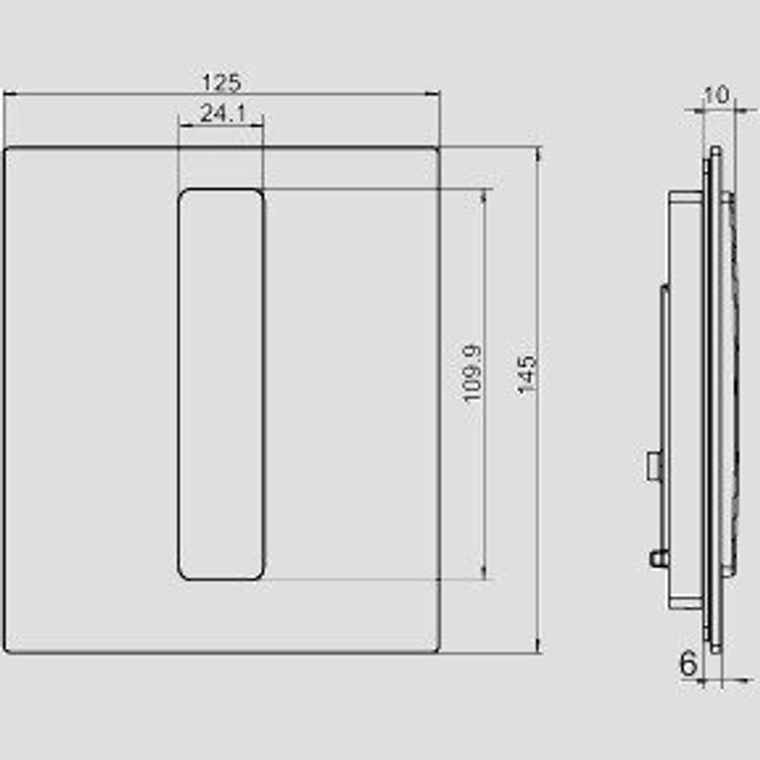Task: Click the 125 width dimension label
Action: [x=221, y=82]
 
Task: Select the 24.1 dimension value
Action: [x=223, y=114]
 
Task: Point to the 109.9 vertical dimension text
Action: [x=472, y=373]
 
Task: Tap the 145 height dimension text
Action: [x=528, y=375]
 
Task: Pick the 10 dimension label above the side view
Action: [x=716, y=95]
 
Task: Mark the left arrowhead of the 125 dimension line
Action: [x=10, y=94]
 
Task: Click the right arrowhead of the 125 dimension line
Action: [x=433, y=94]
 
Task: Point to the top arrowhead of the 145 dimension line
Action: [x=539, y=154]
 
